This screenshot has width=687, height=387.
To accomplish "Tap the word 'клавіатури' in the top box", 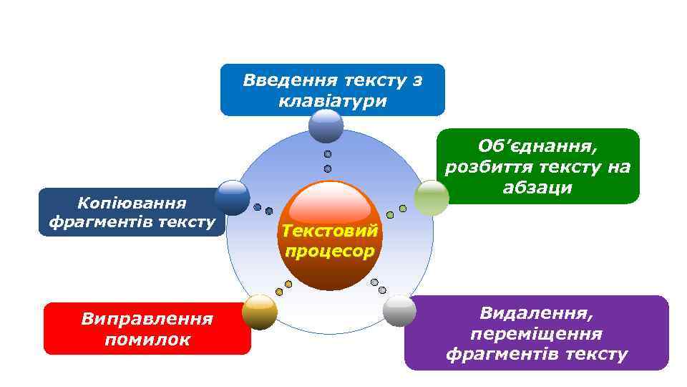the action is [x=333, y=101].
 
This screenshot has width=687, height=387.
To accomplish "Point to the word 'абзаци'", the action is [x=537, y=188].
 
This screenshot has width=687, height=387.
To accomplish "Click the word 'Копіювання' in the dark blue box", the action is [x=132, y=204].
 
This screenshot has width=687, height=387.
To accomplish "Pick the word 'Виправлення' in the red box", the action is [x=147, y=317].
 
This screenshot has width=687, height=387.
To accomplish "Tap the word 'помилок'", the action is [x=147, y=339].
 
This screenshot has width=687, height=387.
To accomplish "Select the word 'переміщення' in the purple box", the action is [x=536, y=334].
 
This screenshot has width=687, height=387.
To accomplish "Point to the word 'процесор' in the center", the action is [x=329, y=251].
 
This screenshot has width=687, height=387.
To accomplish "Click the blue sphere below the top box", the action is [x=326, y=126].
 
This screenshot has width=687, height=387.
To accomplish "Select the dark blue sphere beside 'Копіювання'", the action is [x=232, y=198].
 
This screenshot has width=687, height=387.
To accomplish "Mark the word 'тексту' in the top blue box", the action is [x=370, y=80].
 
